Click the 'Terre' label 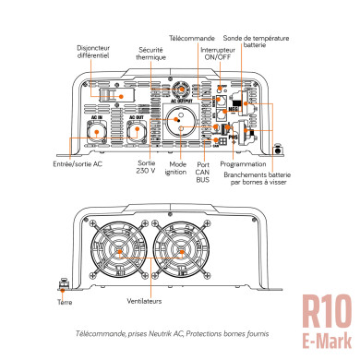(x=64, y=302)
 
